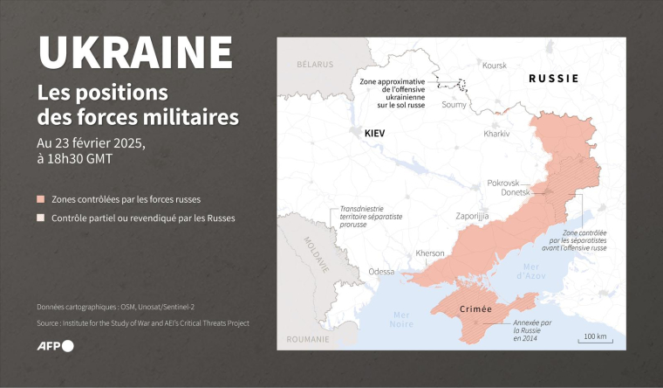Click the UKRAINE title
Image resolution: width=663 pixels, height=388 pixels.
pyautogui.click(x=135, y=52)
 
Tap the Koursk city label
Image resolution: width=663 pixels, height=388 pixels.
pyautogui.click(x=495, y=66)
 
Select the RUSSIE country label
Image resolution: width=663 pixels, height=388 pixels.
pyautogui.click(x=554, y=79)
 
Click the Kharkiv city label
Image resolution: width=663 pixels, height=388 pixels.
pyautogui.click(x=498, y=134)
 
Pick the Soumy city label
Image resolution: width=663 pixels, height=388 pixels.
pyautogui.click(x=455, y=105)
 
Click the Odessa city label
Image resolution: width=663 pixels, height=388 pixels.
pyautogui.click(x=381, y=272)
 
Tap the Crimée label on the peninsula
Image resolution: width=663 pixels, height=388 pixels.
pyautogui.click(x=475, y=309)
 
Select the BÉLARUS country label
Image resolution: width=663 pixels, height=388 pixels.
pyautogui.click(x=315, y=65)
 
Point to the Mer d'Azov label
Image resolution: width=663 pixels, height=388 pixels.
pyautogui.click(x=530, y=270)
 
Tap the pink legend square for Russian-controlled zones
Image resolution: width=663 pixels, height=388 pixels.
pyautogui.click(x=41, y=199)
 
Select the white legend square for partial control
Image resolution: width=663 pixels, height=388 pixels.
pyautogui.click(x=41, y=218)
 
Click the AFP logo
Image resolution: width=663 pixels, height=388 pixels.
pyautogui.click(x=55, y=346)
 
